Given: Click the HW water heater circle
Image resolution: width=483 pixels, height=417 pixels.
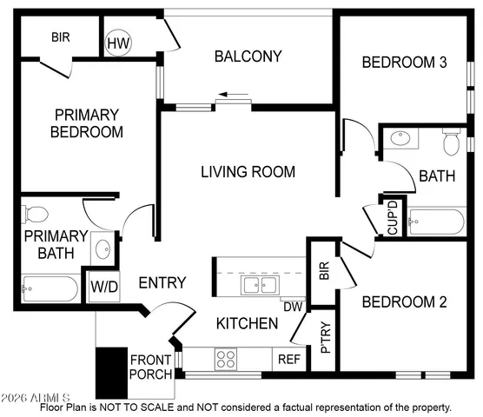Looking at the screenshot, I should point(117,42).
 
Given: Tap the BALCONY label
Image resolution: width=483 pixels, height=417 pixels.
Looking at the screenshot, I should point(248,56).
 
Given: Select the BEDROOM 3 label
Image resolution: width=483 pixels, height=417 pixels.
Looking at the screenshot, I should point(405,62).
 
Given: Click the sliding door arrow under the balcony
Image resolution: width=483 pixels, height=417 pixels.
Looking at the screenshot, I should point(233,94).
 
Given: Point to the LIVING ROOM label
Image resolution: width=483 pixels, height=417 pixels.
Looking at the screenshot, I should point(248,172).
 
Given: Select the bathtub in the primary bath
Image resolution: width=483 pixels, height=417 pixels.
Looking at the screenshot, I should point(49,287).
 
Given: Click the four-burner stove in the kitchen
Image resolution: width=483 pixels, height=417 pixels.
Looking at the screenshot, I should point(227,358).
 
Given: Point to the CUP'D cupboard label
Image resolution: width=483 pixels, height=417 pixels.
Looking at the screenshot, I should point(393,217).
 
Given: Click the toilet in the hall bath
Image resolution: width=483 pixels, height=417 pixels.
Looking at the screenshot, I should point(451,141).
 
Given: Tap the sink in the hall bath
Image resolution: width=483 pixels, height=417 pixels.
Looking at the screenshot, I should point(400,139).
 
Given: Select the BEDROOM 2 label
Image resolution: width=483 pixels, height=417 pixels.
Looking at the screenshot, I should point(404,302).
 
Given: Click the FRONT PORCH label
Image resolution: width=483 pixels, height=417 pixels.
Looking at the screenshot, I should point(150,367).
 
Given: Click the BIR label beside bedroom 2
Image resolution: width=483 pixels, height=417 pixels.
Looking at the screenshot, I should point(323,271).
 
